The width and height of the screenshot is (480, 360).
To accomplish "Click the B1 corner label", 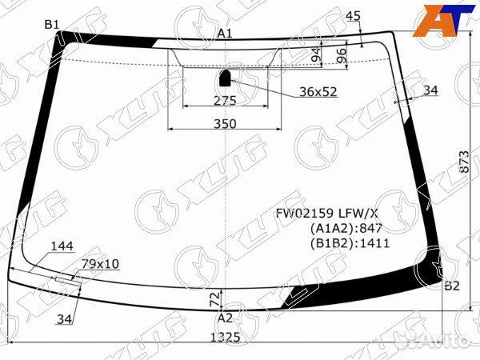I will pos(52,25).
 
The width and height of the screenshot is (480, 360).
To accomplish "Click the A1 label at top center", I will pos(225,33).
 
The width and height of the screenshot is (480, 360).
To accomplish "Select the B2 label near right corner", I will pos(452,286).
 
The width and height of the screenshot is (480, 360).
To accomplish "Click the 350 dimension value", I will pos(225,123).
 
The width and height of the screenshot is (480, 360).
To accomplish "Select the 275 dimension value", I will pos(225,100).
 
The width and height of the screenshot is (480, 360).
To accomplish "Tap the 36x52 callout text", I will pos(318,92).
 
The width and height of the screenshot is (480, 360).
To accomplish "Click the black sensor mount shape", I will pos(226,78).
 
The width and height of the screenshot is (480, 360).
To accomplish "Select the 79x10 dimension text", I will pos(101,263).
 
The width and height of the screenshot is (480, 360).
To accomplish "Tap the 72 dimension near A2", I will pos(214,298).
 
